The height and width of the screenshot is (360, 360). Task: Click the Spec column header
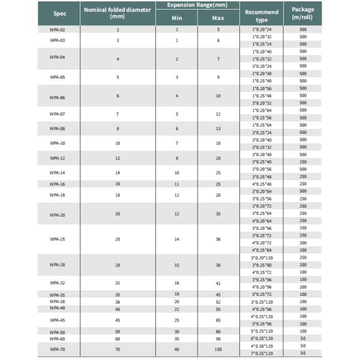tap(60, 13)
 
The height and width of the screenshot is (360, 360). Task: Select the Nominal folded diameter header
tap(118, 13)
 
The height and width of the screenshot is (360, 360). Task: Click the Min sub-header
tap(177, 18)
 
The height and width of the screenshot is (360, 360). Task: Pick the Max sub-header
tap(218, 18)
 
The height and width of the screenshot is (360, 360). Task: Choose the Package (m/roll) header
tap(303, 13)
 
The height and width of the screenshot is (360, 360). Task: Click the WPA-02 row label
tap(58, 29)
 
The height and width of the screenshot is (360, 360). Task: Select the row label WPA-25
tap(58, 239)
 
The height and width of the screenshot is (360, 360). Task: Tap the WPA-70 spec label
tap(58, 349)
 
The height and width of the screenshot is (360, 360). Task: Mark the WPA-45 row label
tap(58, 320)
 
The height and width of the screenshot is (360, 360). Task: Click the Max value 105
tap(218, 349)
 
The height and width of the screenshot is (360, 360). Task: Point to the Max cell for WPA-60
tap(218, 339)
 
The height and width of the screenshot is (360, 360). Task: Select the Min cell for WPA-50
tap(177, 332)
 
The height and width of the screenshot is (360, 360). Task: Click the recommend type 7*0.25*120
tap(262, 353)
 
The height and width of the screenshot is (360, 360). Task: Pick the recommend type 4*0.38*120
tap(262, 346)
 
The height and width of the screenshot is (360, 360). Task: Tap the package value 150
tap(303, 280)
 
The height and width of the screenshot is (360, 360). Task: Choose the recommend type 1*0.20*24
tap(262, 29)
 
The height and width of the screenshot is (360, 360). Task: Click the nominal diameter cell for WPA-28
tap(118, 265)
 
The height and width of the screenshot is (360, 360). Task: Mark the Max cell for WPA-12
tap(218, 158)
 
